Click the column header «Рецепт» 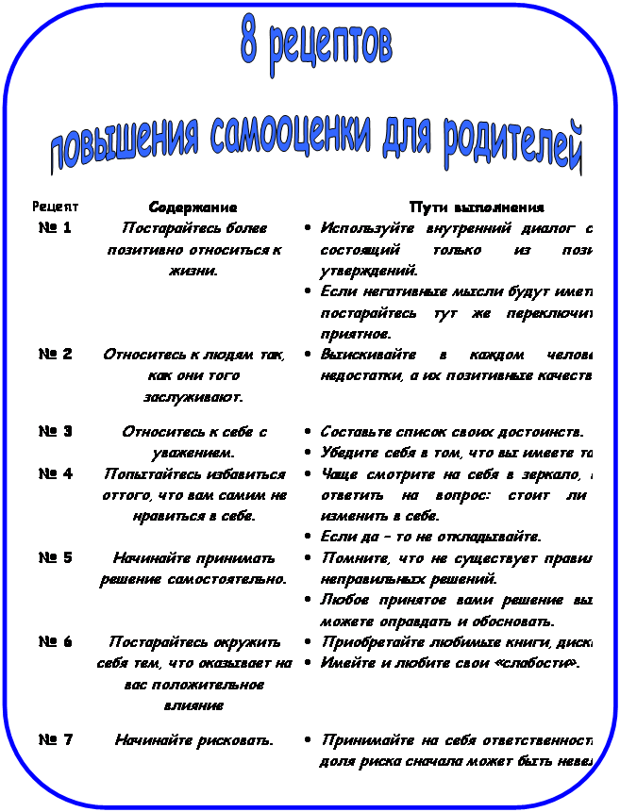[55, 206]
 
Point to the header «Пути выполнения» [476, 207]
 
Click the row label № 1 [56, 227]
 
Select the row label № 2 [56, 354]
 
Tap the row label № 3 [56, 431]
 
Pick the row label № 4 [56, 473]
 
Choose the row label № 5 [56, 556]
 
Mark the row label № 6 [56, 641]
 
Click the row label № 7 [56, 739]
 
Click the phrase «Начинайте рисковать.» [193, 740]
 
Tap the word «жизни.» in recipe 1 [193, 271]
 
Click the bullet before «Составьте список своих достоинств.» [310, 432]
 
